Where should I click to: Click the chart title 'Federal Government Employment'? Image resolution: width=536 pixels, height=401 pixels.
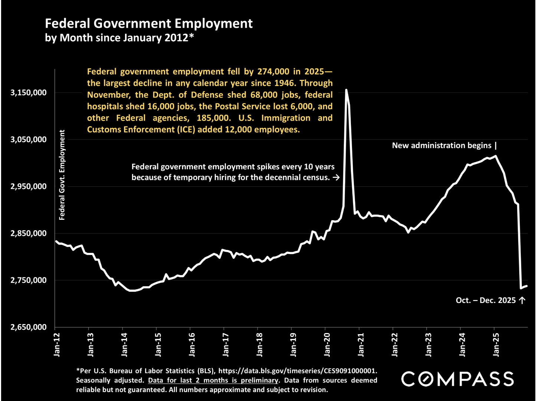pyautogui.click(x=149, y=23)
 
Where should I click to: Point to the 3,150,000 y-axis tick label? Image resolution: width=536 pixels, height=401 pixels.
pyautogui.click(x=29, y=92)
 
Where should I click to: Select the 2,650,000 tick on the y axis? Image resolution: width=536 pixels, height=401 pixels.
pyautogui.click(x=29, y=327)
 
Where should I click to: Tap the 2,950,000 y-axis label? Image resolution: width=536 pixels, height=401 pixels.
pyautogui.click(x=29, y=186)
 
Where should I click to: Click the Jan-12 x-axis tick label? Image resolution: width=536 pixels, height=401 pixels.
pyautogui.click(x=57, y=345)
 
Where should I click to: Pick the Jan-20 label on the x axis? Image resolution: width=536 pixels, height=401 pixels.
pyautogui.click(x=327, y=345)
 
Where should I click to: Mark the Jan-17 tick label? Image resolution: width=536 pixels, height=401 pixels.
pyautogui.click(x=226, y=345)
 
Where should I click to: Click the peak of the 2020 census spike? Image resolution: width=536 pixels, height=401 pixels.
pyautogui.click(x=346, y=90)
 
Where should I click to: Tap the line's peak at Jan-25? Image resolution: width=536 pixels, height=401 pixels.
pyautogui.click(x=496, y=156)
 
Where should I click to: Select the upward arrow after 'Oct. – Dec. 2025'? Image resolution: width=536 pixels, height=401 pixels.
pyautogui.click(x=522, y=300)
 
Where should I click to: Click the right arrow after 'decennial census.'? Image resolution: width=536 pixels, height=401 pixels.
pyautogui.click(x=336, y=177)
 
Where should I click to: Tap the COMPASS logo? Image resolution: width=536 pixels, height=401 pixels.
pyautogui.click(x=458, y=379)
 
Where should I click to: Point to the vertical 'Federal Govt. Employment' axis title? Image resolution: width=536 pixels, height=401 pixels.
pyautogui.click(x=62, y=175)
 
